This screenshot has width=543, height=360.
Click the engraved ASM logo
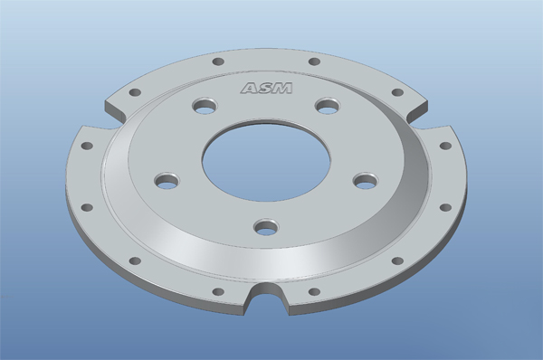(267, 88)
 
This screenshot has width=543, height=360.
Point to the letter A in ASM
(250, 89)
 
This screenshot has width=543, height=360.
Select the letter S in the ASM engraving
(266, 88)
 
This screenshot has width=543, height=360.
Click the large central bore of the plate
(266, 160)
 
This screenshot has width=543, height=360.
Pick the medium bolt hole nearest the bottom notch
(266, 227)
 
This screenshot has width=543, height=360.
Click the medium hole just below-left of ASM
(205, 106)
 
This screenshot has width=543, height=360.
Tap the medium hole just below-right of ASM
(328, 106)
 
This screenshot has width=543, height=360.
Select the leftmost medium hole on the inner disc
(167, 180)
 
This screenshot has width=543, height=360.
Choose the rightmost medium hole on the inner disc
(366, 180)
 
